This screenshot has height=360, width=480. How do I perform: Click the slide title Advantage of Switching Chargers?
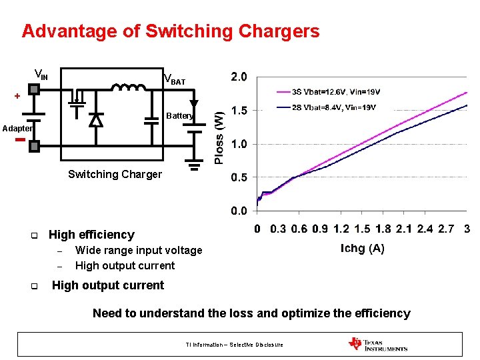171,31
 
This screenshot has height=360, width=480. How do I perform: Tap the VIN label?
41,75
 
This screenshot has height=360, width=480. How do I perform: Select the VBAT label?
175,80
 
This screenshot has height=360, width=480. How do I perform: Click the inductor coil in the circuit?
129,88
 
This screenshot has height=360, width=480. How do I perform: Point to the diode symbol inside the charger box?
96,120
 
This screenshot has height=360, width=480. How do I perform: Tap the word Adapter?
16,127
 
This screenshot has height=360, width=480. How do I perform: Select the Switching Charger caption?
115,175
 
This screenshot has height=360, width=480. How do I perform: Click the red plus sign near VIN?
17,96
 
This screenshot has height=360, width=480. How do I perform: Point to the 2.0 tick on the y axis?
238,77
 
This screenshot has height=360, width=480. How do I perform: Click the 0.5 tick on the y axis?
238,178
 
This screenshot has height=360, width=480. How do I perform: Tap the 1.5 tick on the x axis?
362,229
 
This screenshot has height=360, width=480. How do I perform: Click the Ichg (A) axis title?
362,249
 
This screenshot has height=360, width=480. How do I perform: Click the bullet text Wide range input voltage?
139,251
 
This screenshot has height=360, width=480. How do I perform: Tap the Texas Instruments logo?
377,345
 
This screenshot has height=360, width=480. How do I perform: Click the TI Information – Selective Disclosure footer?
234,345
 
